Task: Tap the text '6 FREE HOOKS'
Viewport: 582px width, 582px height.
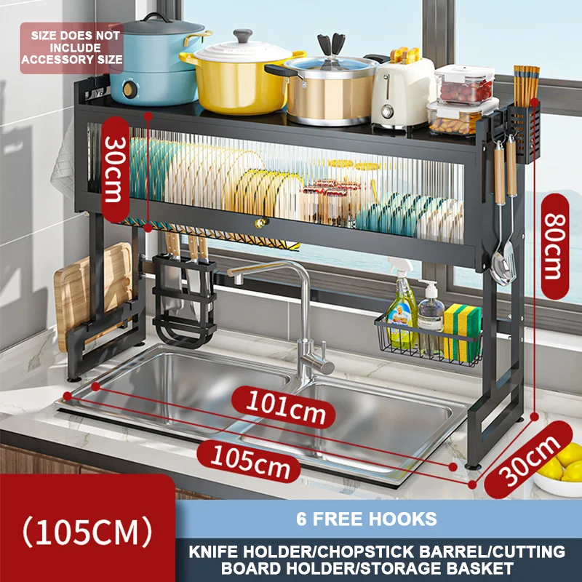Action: [367, 519]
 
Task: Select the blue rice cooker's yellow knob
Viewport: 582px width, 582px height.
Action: [130, 91]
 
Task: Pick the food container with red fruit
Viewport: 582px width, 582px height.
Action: [463, 87]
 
